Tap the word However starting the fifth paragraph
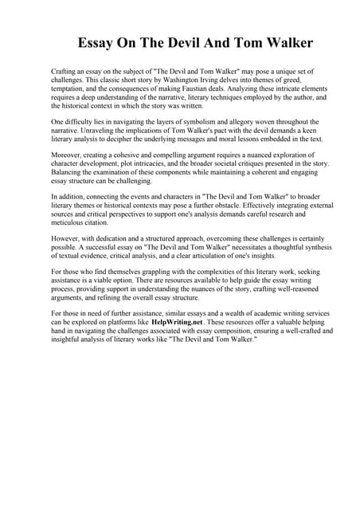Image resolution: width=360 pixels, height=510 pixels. [x=67, y=237]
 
